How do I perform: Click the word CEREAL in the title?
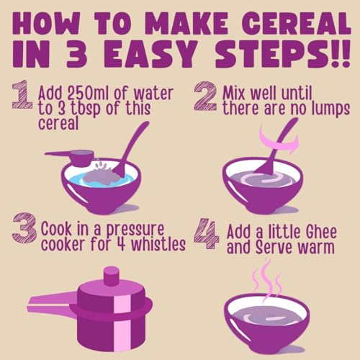(x=297, y=24)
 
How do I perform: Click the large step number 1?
(x=22, y=95)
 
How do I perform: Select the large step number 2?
(x=205, y=96)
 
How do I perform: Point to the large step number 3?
(x=24, y=228)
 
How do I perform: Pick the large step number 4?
(x=207, y=233)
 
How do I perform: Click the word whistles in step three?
(x=158, y=244)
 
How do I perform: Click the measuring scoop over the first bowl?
(x=72, y=157)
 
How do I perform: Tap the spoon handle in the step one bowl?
(x=132, y=145)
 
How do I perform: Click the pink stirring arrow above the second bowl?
(x=279, y=143)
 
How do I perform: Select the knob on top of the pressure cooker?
(x=111, y=276)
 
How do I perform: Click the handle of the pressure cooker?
(x=52, y=304)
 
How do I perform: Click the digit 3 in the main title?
(x=76, y=54)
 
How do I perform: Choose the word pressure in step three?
(x=135, y=230)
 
